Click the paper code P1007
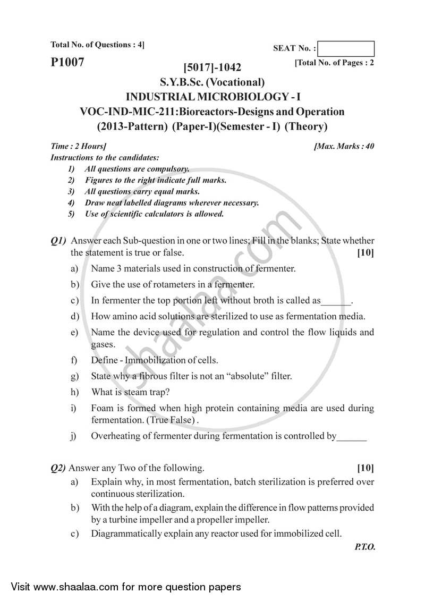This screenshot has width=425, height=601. coord(67,62)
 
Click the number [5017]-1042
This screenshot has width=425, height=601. coord(212,67)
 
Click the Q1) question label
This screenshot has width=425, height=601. coord(58,241)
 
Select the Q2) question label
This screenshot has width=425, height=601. coord(58,468)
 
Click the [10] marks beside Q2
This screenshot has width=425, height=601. coord(365,468)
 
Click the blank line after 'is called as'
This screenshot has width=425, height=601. coord(336,301)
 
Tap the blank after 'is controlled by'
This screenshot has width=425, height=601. coord(352,437)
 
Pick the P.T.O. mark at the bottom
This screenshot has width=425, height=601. coord(364,547)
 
